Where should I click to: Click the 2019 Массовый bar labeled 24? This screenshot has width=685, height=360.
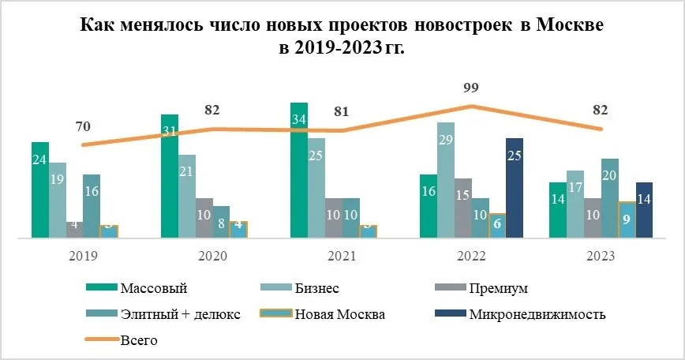(x=40, y=189)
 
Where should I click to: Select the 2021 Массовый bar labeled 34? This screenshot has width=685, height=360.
(x=299, y=170)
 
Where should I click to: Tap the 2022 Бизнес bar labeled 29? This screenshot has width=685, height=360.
(x=446, y=179)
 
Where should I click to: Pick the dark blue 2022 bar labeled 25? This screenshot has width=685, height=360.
(x=515, y=187)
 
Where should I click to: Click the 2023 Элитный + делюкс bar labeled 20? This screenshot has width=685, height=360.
(x=609, y=197)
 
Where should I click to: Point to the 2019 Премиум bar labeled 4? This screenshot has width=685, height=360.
(x=75, y=229)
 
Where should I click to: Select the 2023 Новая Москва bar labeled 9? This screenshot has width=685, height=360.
(x=627, y=219)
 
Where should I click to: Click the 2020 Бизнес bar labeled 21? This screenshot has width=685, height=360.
(x=187, y=196)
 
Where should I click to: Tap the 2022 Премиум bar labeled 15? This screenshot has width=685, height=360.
(x=463, y=208)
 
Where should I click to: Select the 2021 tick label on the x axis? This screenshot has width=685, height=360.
(x=342, y=257)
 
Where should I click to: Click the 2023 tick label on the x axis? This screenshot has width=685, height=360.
(x=601, y=257)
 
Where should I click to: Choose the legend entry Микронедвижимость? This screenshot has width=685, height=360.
(x=537, y=313)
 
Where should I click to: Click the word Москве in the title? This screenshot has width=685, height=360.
(x=569, y=25)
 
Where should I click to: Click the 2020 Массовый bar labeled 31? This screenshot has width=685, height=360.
(x=170, y=175)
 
